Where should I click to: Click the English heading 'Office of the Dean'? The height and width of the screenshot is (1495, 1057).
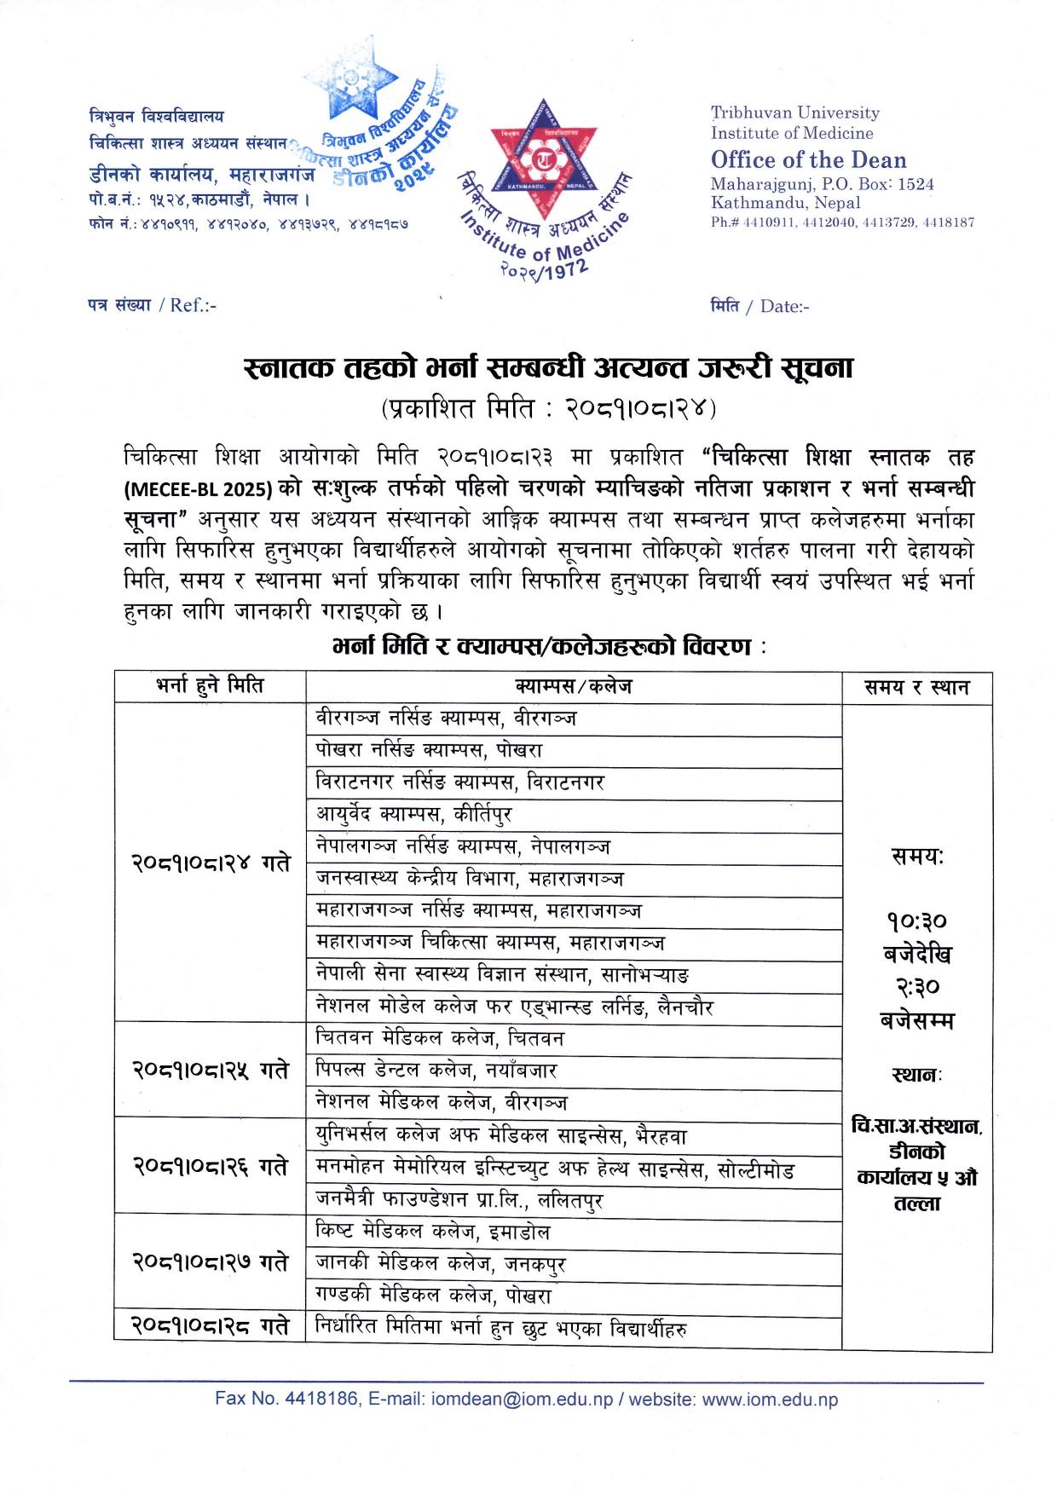(x=808, y=159)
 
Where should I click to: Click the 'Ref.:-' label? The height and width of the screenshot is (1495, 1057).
(x=193, y=305)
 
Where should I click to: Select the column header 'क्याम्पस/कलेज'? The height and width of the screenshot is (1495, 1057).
(x=573, y=686)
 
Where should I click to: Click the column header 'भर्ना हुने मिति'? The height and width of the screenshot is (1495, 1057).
(x=210, y=685)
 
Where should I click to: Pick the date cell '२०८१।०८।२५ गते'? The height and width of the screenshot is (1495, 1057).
(x=210, y=1070)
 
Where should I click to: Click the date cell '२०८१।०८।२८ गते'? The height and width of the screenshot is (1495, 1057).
(x=210, y=1326)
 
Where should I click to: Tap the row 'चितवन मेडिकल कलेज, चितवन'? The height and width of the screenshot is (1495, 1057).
(x=440, y=1038)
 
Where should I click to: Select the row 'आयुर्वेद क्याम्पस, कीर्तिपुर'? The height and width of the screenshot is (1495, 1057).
(x=413, y=814)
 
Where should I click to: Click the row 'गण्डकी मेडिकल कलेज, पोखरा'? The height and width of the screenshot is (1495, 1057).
(x=433, y=1296)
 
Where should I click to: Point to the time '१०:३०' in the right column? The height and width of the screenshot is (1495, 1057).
(x=916, y=921)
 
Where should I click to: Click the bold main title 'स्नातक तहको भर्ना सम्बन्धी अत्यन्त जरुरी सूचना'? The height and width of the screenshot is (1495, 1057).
(x=548, y=367)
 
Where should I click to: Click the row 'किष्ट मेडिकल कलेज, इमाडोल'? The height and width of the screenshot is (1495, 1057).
(x=432, y=1232)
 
